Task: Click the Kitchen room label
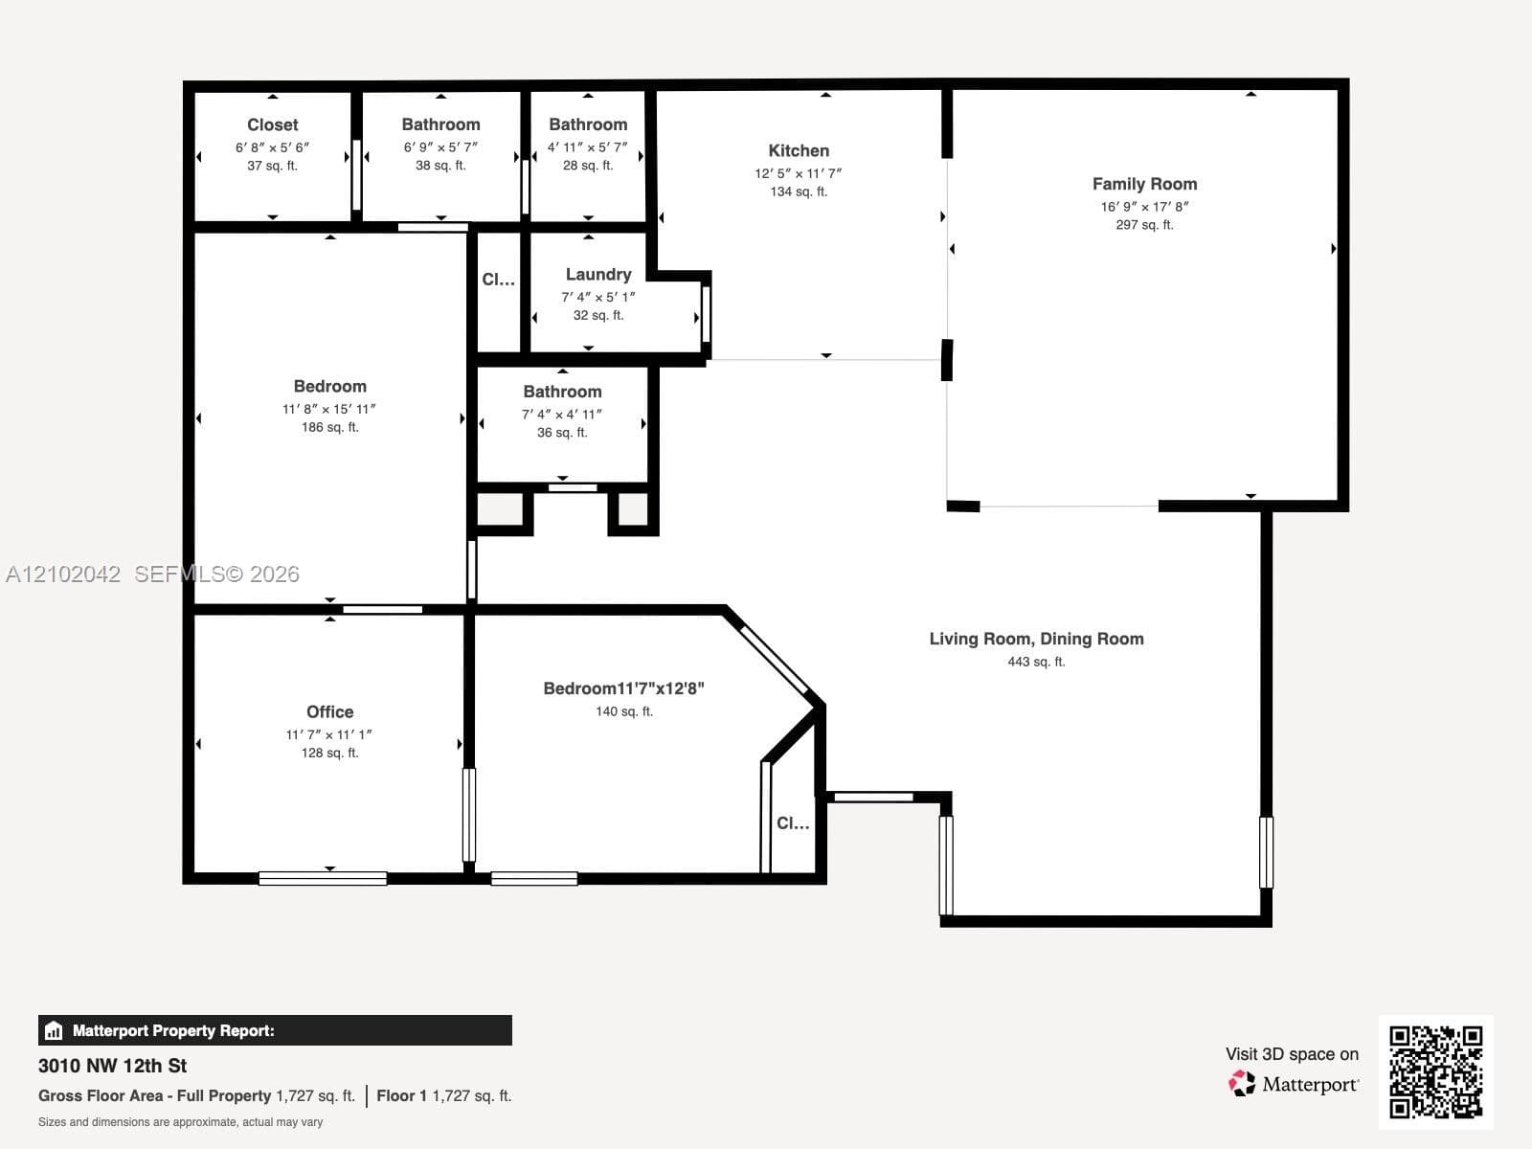(799, 150)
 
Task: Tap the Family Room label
(1144, 184)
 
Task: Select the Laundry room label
(598, 275)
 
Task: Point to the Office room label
(329, 711)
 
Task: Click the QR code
(1435, 1071)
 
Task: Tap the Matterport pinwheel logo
(1242, 1084)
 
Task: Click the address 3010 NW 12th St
(112, 1066)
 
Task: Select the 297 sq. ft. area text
(1144, 225)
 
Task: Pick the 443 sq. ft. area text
(1036, 662)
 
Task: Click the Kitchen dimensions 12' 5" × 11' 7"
(799, 173)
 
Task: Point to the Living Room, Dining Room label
(1036, 639)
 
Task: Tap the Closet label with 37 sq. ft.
(272, 124)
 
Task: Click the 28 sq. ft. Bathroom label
(588, 124)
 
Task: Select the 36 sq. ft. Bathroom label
(562, 392)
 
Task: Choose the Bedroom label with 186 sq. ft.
(329, 387)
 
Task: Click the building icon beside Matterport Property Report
(54, 1030)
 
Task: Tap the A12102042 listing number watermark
(63, 574)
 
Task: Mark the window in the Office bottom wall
(323, 878)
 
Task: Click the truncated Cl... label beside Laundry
(498, 280)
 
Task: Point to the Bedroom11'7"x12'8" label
(624, 688)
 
